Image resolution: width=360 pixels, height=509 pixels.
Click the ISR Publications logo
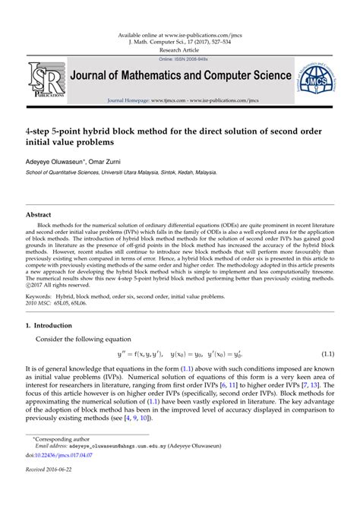point(44,79)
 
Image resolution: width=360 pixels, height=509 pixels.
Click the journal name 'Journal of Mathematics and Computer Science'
point(182,76)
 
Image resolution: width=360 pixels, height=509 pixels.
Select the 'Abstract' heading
point(39,215)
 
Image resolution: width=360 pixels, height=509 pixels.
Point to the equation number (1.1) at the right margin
point(327,354)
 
